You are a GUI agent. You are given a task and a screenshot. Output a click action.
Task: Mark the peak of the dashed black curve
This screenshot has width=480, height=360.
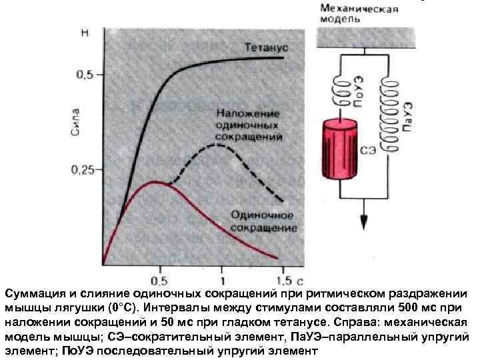[217, 144]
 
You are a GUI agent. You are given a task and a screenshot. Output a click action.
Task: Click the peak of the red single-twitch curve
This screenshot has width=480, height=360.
[155, 181]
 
